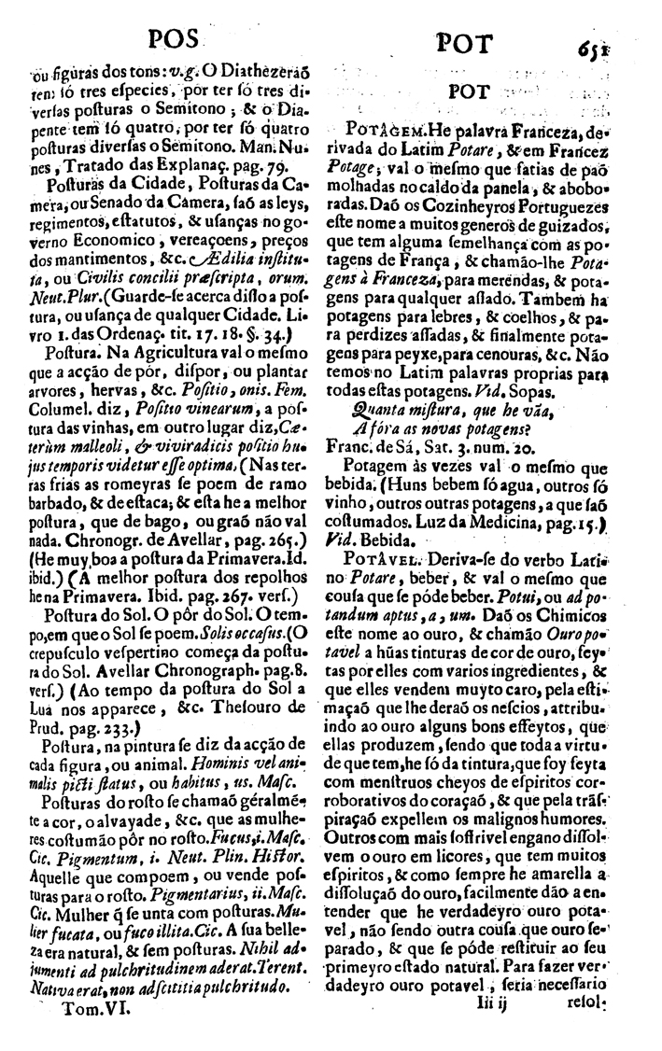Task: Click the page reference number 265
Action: click(270, 567)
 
